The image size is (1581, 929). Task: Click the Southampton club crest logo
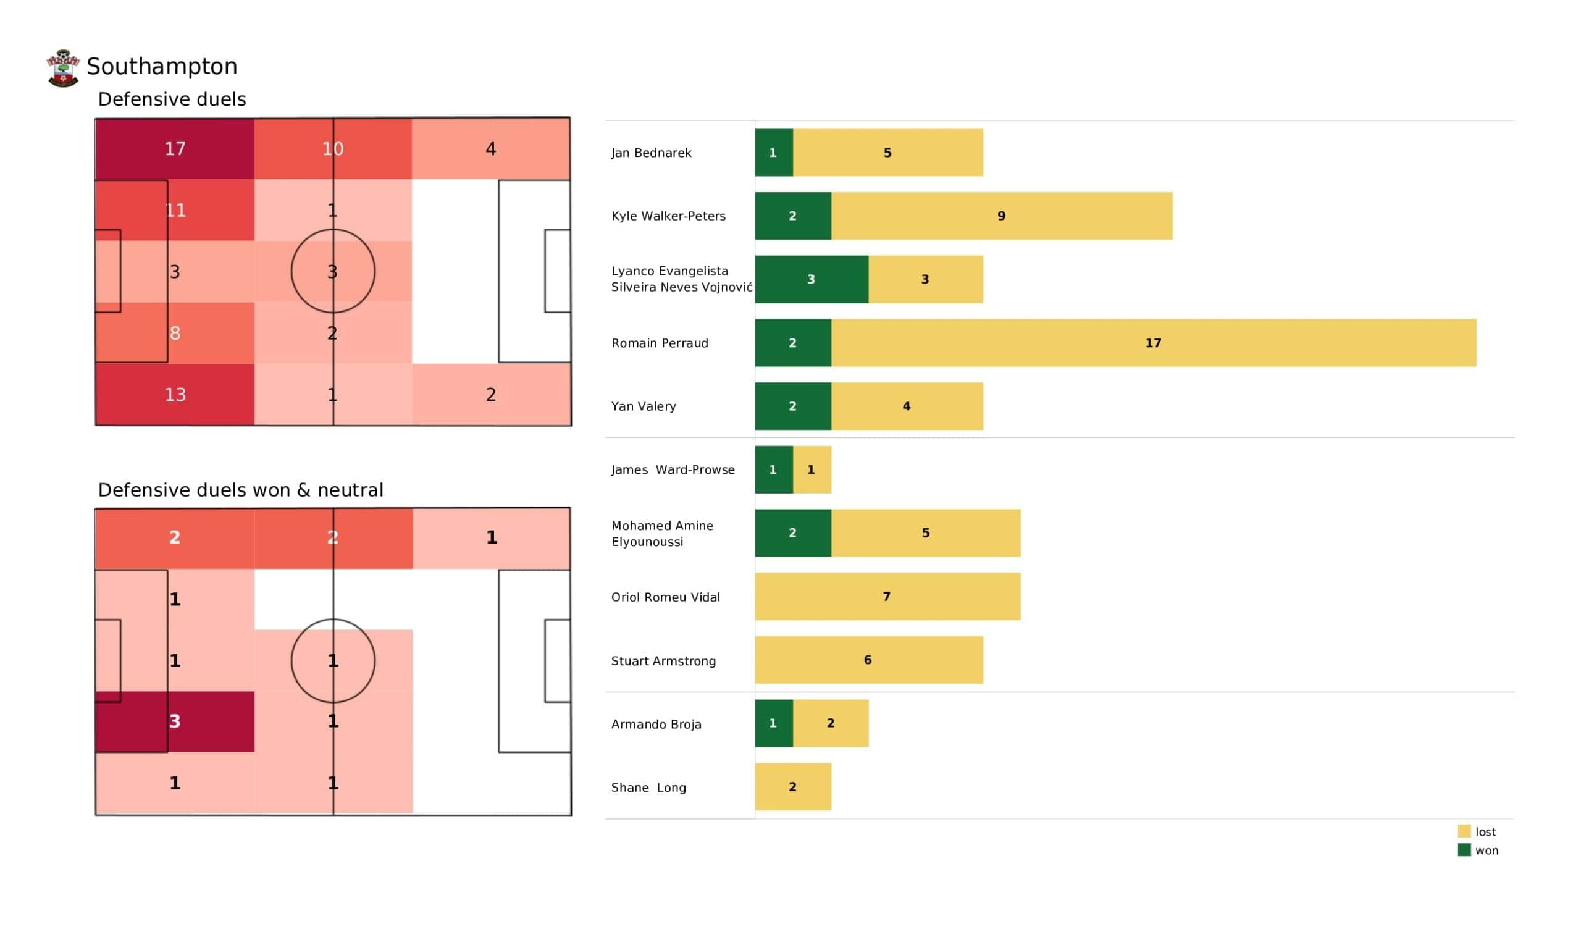63,68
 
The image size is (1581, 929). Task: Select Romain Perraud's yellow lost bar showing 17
1153,343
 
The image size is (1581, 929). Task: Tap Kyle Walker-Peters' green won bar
793,216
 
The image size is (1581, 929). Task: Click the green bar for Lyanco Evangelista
811,279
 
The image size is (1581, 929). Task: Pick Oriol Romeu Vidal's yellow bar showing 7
887,596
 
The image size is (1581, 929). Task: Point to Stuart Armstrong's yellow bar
868,660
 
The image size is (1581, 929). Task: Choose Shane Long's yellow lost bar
793,786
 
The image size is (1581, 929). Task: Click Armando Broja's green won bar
774,723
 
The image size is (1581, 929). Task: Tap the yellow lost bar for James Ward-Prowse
812,469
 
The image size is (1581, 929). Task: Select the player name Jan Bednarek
651,153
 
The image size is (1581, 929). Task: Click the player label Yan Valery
644,406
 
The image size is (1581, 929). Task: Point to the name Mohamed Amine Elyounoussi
662,533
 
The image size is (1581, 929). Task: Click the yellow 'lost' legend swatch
1464,831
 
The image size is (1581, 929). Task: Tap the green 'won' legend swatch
1464,850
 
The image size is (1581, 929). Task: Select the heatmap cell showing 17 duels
175,149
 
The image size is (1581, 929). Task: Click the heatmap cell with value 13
175,394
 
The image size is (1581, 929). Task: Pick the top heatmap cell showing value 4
490,149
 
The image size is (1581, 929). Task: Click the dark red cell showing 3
175,721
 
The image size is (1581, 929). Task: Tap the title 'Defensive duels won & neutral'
240,490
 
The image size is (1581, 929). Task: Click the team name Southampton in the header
162,66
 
